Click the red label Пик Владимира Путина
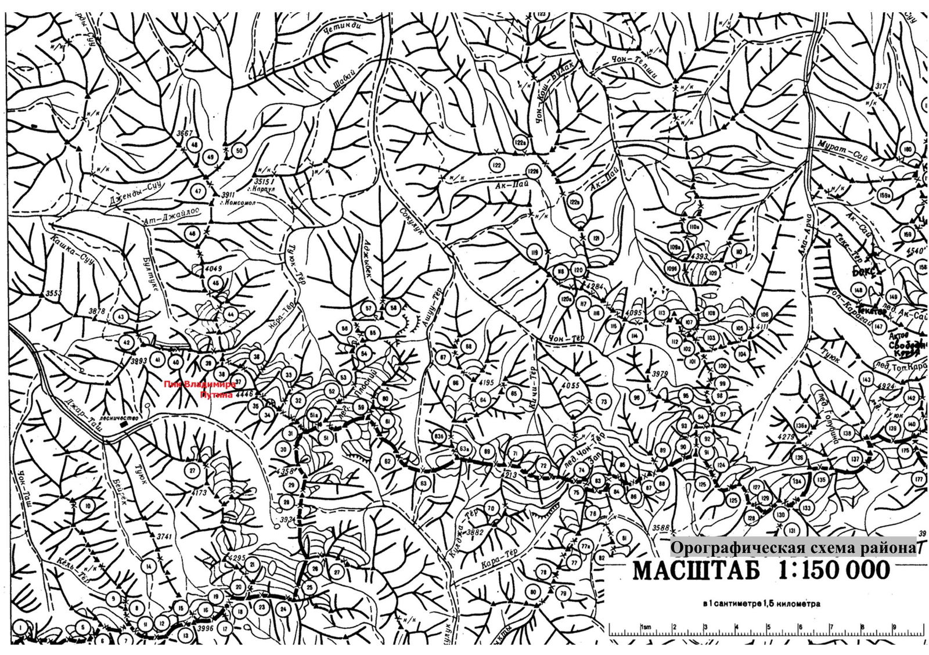coord(200,389)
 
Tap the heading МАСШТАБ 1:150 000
coord(761,570)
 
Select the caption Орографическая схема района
coord(793,548)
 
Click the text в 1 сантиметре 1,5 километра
coord(761,604)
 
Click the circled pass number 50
coord(239,151)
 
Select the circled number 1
coord(20,627)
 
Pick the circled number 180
coord(908,149)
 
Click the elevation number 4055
coord(571,386)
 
